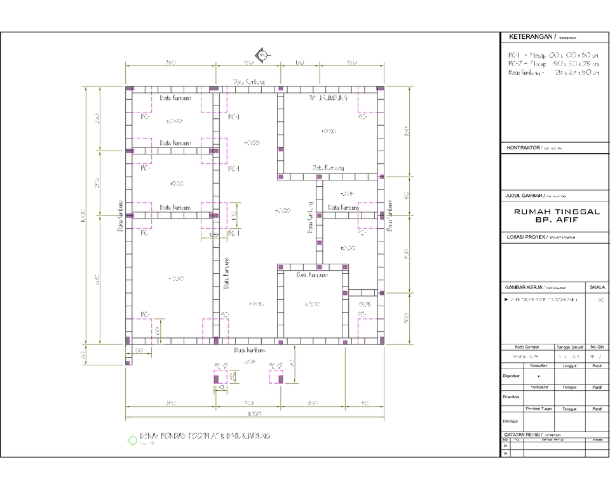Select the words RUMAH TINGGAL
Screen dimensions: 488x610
point(550,213)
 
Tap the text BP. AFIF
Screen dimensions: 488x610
point(550,222)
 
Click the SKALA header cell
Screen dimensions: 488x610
point(597,287)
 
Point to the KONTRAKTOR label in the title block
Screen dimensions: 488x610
point(520,147)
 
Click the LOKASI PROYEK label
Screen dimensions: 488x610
point(524,236)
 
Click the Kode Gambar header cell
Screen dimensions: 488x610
point(527,347)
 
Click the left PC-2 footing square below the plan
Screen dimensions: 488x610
point(220,377)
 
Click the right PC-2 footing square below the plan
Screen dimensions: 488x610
point(276,377)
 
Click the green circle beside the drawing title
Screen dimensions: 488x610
point(132,439)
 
